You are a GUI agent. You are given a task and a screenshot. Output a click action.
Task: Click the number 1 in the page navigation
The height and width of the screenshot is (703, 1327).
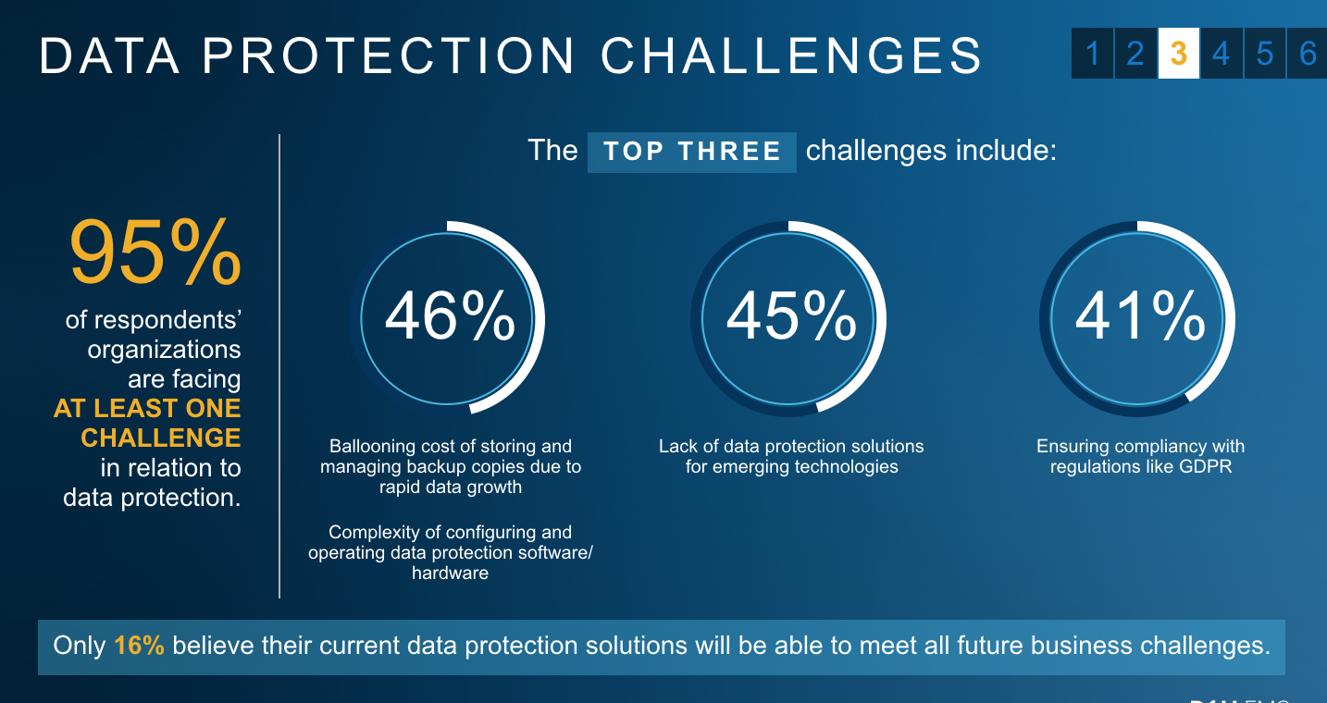pyautogui.click(x=1092, y=54)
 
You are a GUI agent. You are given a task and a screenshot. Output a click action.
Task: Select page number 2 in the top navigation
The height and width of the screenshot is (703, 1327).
pyautogui.click(x=1135, y=54)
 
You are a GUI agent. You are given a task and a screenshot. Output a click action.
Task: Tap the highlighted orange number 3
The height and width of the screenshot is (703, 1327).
pyautogui.click(x=1179, y=54)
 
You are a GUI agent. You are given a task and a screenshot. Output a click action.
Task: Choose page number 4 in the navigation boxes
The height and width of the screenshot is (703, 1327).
pyautogui.click(x=1221, y=54)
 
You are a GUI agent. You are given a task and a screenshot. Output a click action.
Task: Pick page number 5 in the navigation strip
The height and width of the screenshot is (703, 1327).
pyautogui.click(x=1265, y=54)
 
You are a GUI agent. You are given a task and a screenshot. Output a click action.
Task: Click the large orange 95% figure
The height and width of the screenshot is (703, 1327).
pyautogui.click(x=155, y=252)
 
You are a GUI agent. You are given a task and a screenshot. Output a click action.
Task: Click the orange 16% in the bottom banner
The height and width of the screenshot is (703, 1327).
pyautogui.click(x=139, y=646)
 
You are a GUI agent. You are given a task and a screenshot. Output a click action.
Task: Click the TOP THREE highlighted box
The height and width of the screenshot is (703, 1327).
pyautogui.click(x=692, y=153)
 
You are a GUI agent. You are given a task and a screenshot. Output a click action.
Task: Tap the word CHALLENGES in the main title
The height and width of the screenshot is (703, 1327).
pyautogui.click(x=792, y=56)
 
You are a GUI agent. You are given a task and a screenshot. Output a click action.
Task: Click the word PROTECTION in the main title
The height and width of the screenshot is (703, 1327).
pyautogui.click(x=389, y=56)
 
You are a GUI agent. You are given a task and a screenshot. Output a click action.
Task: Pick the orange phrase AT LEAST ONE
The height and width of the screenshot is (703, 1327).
pyautogui.click(x=147, y=409)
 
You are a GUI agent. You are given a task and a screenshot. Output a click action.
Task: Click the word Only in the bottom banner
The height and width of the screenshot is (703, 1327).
pyautogui.click(x=80, y=646)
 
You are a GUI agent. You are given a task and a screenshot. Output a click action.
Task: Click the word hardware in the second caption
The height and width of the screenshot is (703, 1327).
pyautogui.click(x=451, y=573)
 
